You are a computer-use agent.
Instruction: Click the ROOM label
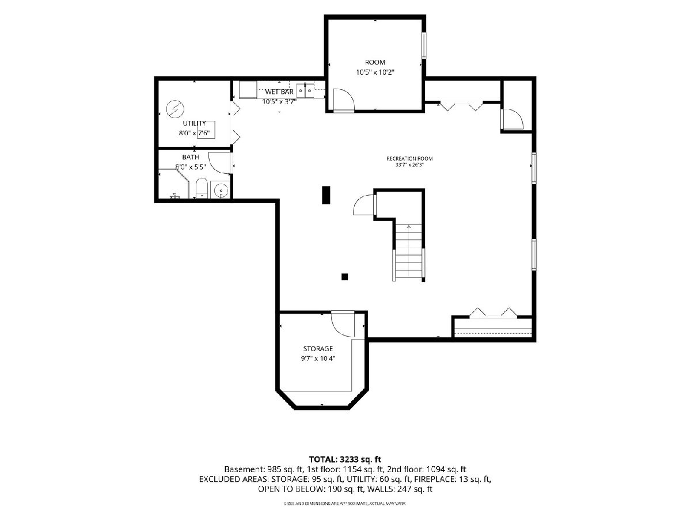[375, 62]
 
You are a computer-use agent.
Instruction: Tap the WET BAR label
[279, 92]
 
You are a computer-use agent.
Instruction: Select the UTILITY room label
[194, 123]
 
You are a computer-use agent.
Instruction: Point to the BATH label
[191, 157]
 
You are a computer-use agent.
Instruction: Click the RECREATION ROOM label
[409, 158]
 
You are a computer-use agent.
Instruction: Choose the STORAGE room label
[318, 348]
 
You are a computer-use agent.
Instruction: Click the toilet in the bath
[202, 188]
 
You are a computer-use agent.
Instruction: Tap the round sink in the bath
[221, 191]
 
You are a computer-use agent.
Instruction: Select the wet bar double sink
[305, 91]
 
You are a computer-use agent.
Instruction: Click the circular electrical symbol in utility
[174, 109]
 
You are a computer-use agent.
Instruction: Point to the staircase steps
[408, 252]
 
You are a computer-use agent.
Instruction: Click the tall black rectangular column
[326, 195]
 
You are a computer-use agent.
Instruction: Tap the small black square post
[345, 277]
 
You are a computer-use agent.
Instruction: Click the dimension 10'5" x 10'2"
[375, 73]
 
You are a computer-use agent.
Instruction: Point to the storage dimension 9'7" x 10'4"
[318, 358]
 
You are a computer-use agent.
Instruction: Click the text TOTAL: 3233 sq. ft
[345, 459]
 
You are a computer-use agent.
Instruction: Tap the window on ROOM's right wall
[424, 45]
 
